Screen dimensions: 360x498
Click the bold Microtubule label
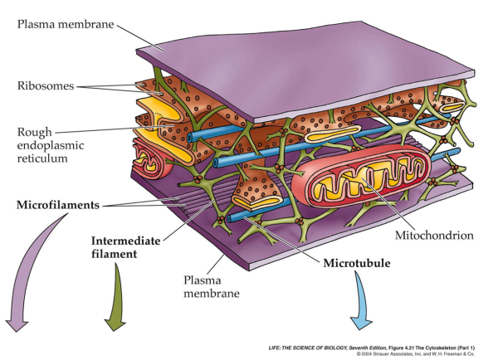coord(357,264)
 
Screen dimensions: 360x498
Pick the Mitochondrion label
coord(436,236)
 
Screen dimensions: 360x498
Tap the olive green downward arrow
coord(116,303)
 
